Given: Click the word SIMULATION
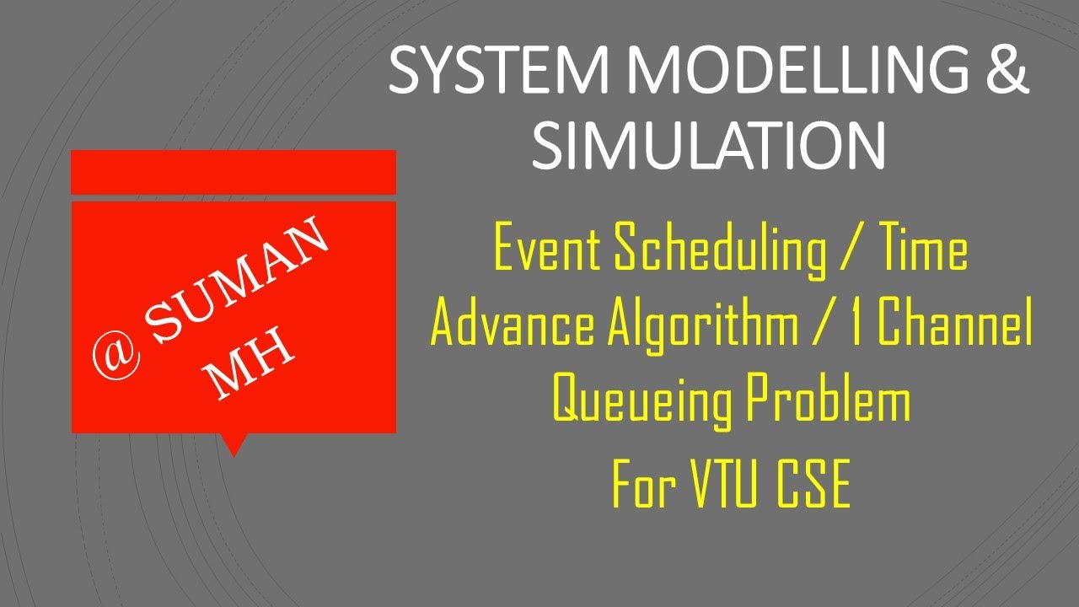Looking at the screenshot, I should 708,144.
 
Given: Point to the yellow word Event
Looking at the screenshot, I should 548,250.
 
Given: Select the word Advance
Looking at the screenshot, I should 513,325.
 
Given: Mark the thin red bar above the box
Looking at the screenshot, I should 234,172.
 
